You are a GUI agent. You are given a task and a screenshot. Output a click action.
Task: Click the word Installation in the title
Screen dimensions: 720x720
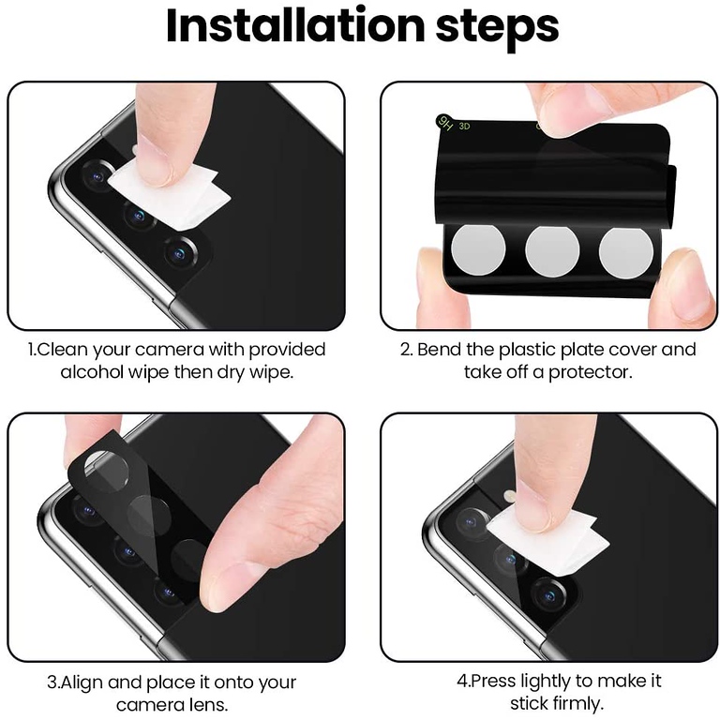click(x=295, y=25)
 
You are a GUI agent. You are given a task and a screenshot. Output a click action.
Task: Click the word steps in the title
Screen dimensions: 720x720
click(x=497, y=28)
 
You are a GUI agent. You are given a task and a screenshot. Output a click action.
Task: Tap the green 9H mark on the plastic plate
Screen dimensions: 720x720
click(x=445, y=123)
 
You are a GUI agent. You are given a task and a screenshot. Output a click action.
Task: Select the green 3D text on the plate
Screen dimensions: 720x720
click(x=464, y=126)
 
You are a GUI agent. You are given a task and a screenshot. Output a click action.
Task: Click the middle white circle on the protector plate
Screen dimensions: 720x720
click(x=552, y=250)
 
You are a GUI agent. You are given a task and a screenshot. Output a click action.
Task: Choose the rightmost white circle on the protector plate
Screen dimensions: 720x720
click(x=625, y=252)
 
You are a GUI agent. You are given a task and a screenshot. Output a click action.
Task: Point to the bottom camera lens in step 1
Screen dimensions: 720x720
click(x=180, y=253)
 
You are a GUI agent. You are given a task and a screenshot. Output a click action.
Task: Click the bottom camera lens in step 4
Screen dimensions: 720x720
click(x=548, y=595)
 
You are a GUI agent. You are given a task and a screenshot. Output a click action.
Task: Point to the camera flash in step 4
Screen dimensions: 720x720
click(x=509, y=495)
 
